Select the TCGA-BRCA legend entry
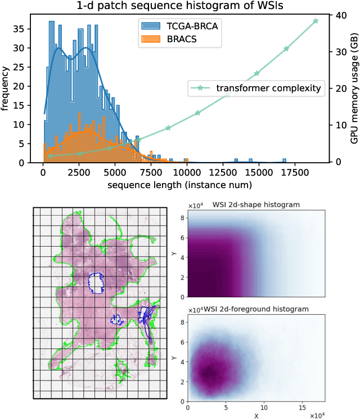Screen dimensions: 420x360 189,25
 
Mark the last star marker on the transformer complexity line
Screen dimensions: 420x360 316,21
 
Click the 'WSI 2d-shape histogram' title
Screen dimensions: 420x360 256,204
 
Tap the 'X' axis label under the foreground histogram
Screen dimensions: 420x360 256,415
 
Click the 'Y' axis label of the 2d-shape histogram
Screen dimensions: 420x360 175,253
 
